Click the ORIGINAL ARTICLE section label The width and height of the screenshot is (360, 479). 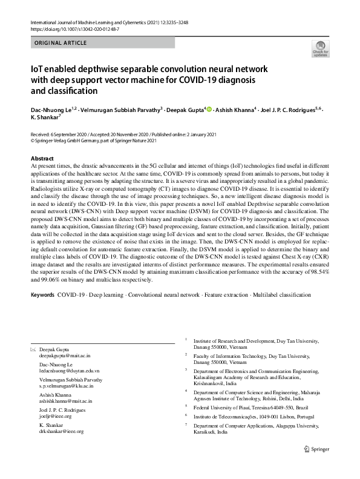(x=61, y=43)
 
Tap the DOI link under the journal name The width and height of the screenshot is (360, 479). (x=74, y=29)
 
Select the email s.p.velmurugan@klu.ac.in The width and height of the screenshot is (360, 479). (x=66, y=386)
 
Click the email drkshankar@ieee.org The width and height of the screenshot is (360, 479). (x=61, y=432)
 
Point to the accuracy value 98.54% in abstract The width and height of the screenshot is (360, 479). (x=316, y=274)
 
